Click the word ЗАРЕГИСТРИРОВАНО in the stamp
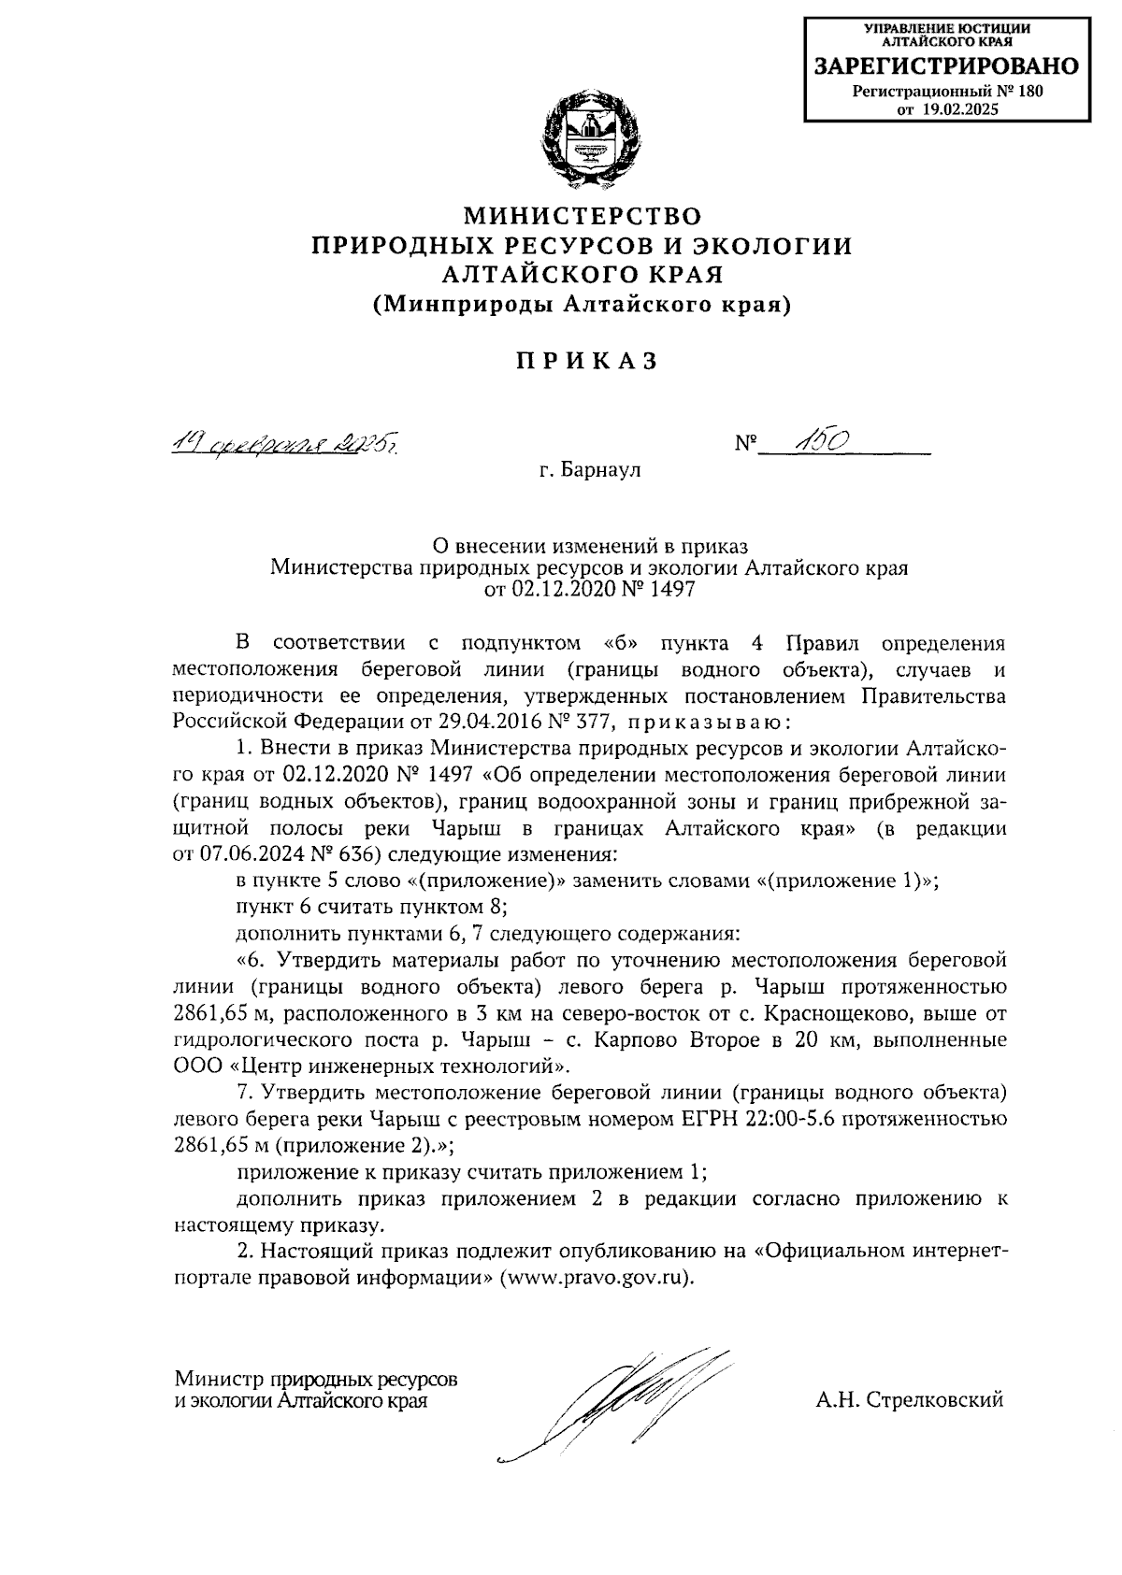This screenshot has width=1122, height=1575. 947,66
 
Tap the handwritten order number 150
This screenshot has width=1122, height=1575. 820,441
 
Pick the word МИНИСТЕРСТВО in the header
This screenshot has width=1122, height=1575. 583,217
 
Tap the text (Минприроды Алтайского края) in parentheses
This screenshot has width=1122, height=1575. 582,306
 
